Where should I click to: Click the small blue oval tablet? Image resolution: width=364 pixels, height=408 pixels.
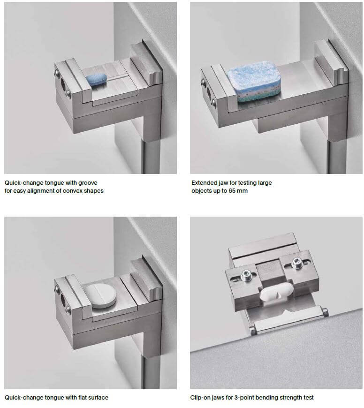pos(96,79)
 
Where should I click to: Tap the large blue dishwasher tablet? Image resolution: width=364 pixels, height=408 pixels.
pos(254,81)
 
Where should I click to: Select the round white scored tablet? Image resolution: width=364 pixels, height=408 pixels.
pos(100,295)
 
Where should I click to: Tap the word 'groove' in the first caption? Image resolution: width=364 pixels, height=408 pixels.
pos(88,183)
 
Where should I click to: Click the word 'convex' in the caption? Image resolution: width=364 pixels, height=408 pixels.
pos(72,191)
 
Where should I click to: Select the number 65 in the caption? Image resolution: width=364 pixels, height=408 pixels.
pos(232,191)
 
